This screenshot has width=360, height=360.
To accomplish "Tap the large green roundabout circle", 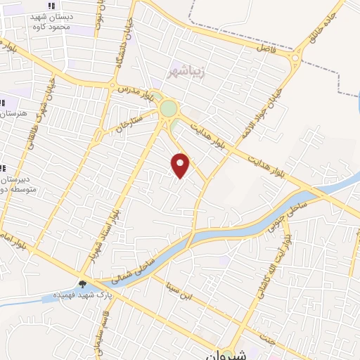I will click(169, 109).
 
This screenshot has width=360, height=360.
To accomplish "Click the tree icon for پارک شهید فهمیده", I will click(83, 285).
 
